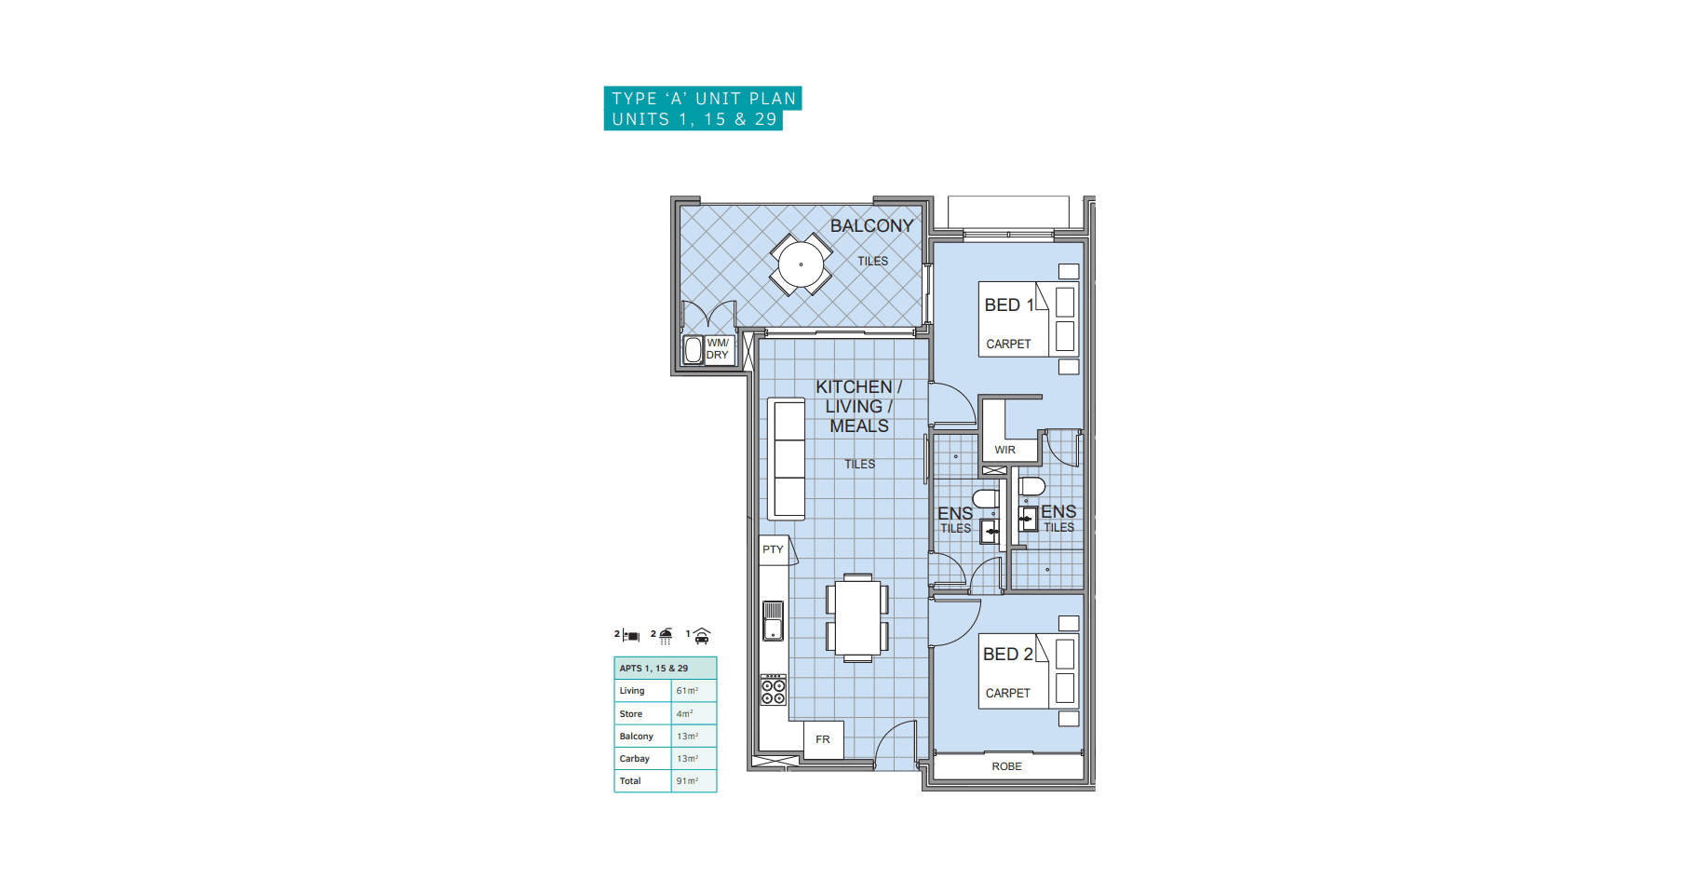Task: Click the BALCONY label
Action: [x=871, y=225]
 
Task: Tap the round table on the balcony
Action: [x=801, y=264]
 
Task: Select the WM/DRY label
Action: [x=718, y=349]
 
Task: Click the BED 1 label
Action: [x=1009, y=305]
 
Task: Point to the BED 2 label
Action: [x=1007, y=655]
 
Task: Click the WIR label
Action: [x=1004, y=450]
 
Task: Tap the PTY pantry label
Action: [x=773, y=549]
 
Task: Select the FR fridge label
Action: [x=823, y=739]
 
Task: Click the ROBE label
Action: [x=1006, y=766]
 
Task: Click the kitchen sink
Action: [x=774, y=621]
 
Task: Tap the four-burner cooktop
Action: [x=774, y=689]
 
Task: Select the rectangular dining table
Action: [x=857, y=617]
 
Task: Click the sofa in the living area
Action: [x=787, y=459]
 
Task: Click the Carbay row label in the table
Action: [x=635, y=759]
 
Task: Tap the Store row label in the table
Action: [x=631, y=714]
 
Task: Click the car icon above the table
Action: [x=702, y=636]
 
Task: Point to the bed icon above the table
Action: [x=631, y=636]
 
